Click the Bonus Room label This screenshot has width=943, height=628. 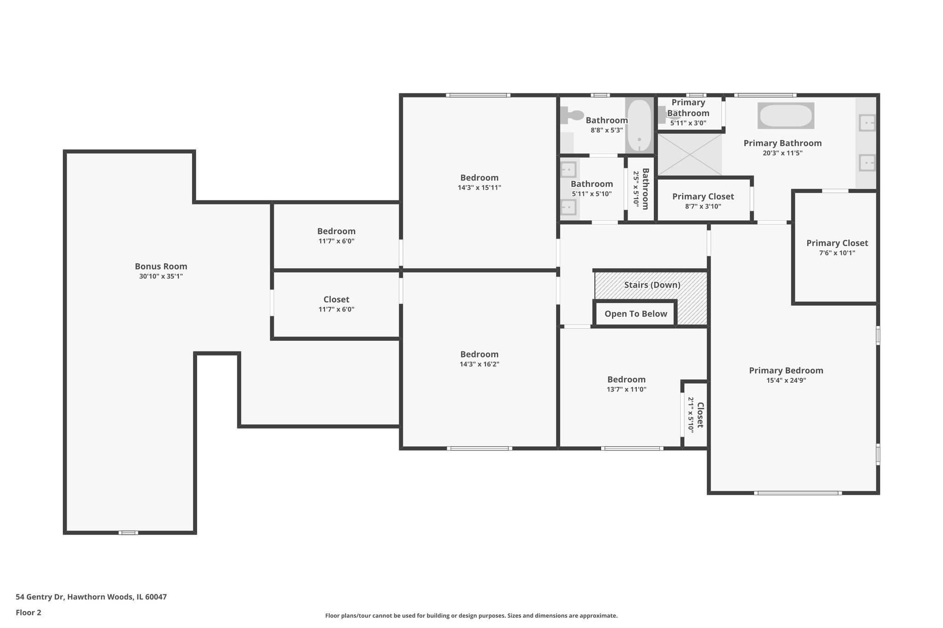point(161,266)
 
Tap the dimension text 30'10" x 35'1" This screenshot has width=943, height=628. point(161,277)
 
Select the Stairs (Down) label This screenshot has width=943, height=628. point(652,285)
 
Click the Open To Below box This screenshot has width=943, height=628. point(635,314)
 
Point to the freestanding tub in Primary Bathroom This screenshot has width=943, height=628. point(786,115)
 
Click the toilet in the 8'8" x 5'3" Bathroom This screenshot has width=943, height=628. point(572,115)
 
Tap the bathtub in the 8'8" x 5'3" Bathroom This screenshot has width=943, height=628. point(639,125)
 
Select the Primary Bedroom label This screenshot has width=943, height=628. point(786,370)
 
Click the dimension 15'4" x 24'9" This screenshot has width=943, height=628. point(786,380)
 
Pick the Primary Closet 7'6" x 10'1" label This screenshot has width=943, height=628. point(837,243)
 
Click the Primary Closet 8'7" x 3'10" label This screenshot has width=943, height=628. point(703,196)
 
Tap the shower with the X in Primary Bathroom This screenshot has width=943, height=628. point(689,155)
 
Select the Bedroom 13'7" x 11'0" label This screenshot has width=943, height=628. point(626,380)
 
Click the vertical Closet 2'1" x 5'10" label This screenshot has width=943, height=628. point(699,415)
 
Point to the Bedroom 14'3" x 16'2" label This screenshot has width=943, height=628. point(479,354)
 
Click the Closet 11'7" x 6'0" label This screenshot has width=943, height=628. point(336,300)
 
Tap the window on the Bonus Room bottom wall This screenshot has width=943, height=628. point(128,533)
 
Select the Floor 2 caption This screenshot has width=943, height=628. point(29,613)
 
